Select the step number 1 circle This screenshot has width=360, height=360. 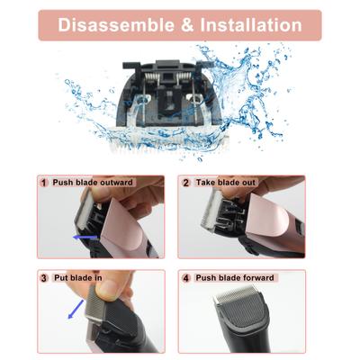coord(43,183)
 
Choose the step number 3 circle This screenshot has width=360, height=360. coord(43,277)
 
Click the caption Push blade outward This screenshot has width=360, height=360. coord(93,183)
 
